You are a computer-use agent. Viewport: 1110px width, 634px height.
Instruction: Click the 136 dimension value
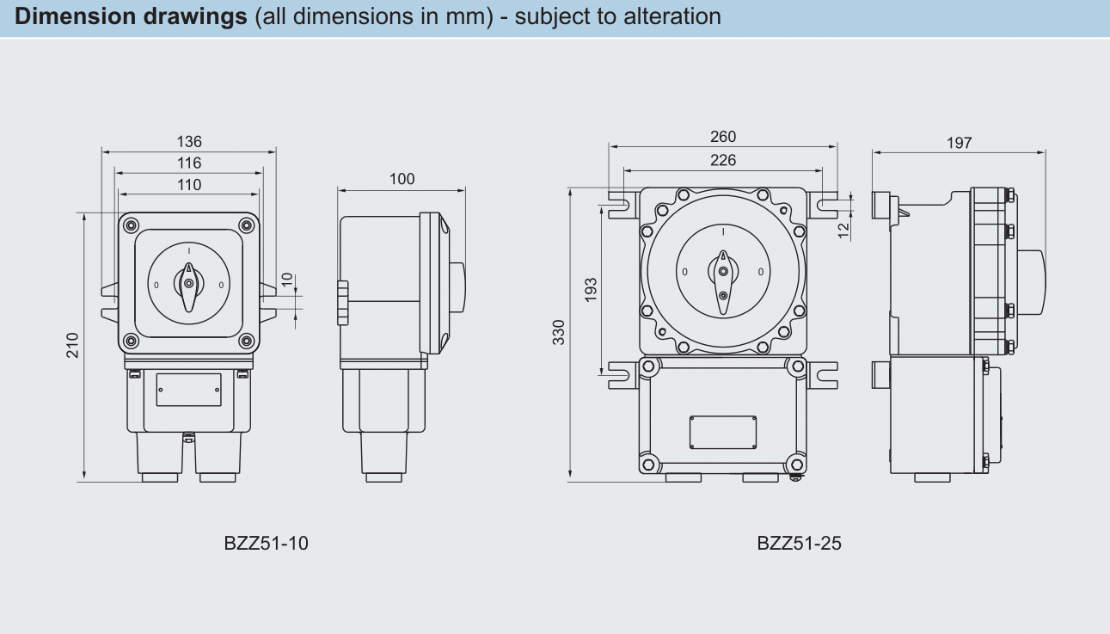(x=189, y=142)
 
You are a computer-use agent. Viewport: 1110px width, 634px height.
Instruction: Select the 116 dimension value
(x=189, y=163)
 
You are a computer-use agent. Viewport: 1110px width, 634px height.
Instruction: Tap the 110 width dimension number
(x=189, y=184)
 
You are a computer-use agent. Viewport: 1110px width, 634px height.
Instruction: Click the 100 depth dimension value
(x=402, y=179)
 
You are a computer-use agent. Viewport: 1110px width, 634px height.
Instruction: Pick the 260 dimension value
(x=723, y=137)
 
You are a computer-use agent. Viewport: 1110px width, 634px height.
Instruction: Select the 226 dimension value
(x=723, y=160)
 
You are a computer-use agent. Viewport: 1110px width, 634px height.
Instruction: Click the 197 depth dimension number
(x=959, y=143)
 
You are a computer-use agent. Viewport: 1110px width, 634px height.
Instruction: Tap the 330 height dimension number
(x=559, y=332)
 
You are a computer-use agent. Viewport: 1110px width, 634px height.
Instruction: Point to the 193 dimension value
(x=591, y=290)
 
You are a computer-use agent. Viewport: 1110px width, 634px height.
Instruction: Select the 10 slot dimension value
(x=287, y=281)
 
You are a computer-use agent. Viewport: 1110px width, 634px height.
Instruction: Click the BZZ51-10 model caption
(x=266, y=544)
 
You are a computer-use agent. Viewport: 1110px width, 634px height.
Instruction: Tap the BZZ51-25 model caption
(x=799, y=544)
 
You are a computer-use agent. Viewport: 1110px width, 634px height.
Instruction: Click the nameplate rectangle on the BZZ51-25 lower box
(x=723, y=432)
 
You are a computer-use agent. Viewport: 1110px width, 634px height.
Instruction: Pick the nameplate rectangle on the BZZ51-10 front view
(x=189, y=390)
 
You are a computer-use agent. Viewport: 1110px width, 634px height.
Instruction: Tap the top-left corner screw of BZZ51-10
(x=131, y=226)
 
